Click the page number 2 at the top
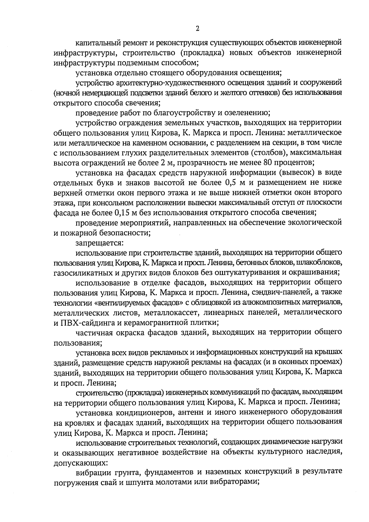pos(197,29)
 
